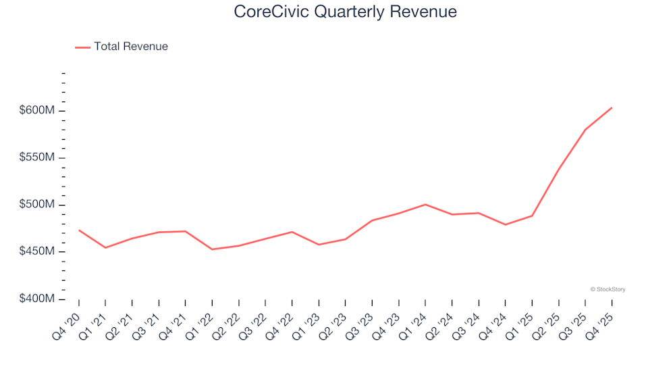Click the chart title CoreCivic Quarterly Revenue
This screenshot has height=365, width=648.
coord(345,11)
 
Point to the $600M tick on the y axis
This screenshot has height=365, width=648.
coord(36,111)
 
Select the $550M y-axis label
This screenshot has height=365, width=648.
coord(36,157)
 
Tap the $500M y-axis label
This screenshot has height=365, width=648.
coord(36,205)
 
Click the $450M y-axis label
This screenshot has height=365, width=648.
coord(36,251)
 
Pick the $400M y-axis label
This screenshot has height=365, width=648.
coord(36,299)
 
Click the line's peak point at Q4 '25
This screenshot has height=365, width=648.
coord(612,107)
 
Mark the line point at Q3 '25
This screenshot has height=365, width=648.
coord(585,130)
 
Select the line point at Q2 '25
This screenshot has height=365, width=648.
coord(558,169)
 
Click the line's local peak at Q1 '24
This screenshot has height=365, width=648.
coord(425,204)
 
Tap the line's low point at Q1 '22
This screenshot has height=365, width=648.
coord(212,249)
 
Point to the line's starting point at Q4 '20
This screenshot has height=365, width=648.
coord(79,230)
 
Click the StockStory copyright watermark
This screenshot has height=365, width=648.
coord(607,289)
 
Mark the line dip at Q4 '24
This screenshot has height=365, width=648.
coord(505,224)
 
